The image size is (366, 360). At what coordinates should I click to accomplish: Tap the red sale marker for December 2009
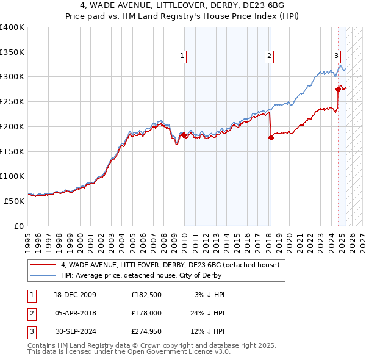click(x=184, y=135)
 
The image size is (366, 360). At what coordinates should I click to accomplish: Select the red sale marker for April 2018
click(x=271, y=137)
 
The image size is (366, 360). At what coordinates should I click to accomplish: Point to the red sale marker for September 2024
click(x=339, y=88)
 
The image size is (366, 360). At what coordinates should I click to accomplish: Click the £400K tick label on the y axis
click(x=12, y=27)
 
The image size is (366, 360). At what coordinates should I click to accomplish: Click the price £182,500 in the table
click(x=146, y=295)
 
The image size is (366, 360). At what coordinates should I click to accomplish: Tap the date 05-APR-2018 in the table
click(x=76, y=314)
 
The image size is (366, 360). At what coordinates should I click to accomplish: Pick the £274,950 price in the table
click(x=146, y=333)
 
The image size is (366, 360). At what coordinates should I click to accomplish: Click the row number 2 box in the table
click(x=32, y=314)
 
